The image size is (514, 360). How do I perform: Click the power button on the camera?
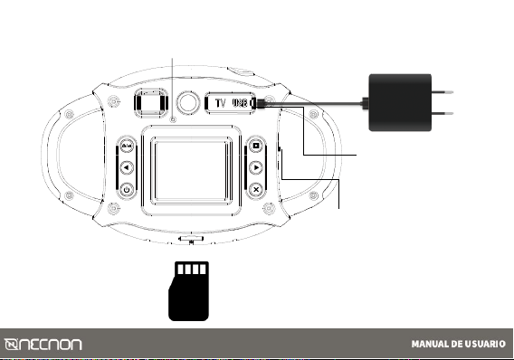pyautogui.click(x=127, y=189)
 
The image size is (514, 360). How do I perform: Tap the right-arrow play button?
pyautogui.click(x=256, y=167)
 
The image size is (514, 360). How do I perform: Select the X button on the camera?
pyautogui.click(x=256, y=189)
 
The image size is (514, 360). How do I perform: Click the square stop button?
pyautogui.click(x=256, y=146)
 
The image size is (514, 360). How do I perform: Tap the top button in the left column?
pyautogui.click(x=127, y=146)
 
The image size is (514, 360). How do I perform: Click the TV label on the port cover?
pyautogui.click(x=221, y=103)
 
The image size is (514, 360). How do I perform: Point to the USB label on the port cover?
pyautogui.click(x=240, y=103)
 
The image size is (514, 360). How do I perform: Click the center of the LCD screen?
pyautogui.click(x=192, y=170)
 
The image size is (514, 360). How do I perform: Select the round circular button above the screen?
pyautogui.click(x=188, y=102)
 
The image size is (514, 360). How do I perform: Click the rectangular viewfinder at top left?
pyautogui.click(x=151, y=102)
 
